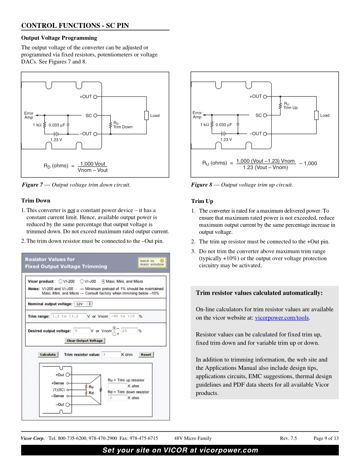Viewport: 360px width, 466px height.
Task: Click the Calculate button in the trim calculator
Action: coord(48,354)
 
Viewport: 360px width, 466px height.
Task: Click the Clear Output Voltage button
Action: coord(85,341)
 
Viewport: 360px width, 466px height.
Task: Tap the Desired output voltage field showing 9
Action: coord(84,330)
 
